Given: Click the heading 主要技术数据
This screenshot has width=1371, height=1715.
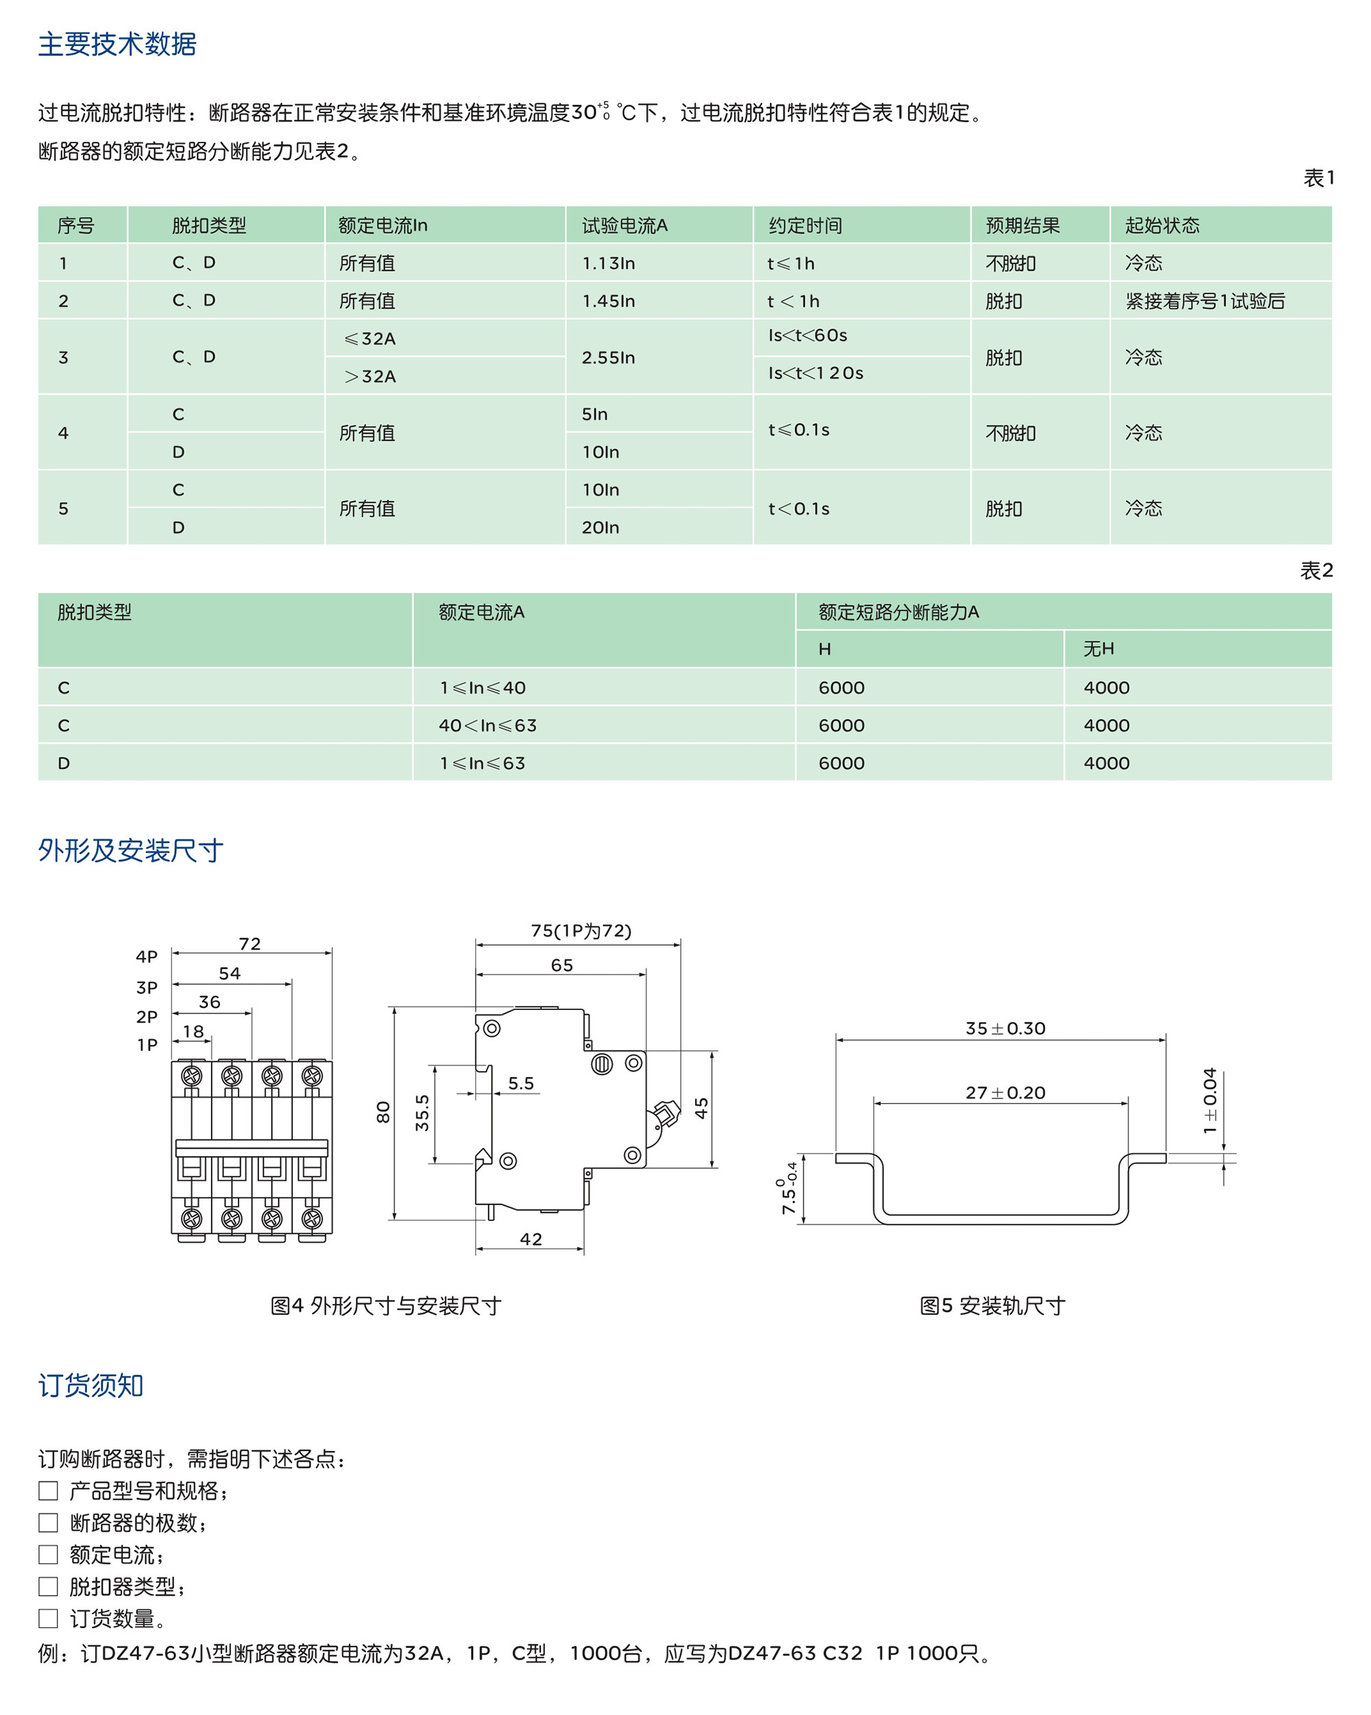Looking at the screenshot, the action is [x=117, y=45].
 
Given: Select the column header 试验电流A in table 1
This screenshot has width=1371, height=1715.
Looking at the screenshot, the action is [x=624, y=226].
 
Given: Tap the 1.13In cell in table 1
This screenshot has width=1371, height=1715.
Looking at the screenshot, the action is [x=608, y=263].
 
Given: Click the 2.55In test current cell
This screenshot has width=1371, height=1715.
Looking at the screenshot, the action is [x=608, y=358].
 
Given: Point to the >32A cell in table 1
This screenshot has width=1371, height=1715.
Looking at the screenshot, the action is [x=370, y=377].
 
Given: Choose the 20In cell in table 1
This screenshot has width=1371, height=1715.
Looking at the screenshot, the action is [x=600, y=528].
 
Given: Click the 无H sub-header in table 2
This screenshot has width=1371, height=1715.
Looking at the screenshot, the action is [x=1098, y=649].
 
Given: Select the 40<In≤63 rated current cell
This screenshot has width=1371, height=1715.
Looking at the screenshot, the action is [x=488, y=726].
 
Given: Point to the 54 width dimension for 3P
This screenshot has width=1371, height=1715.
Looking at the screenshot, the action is [x=230, y=974].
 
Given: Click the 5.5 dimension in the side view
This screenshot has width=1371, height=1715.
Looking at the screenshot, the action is [x=521, y=1083].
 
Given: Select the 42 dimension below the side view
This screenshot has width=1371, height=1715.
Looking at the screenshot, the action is [x=531, y=1239].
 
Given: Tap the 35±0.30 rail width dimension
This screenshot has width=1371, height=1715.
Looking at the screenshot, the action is [x=1006, y=1028].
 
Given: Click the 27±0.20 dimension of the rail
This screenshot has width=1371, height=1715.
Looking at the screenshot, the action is [x=1006, y=1093].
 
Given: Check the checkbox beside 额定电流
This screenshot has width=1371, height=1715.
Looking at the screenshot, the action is [x=49, y=1554].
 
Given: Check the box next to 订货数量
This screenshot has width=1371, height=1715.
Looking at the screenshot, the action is [x=49, y=1618].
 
